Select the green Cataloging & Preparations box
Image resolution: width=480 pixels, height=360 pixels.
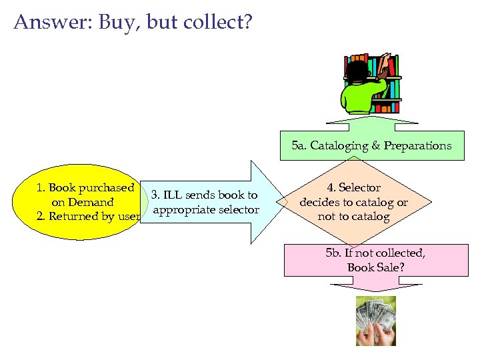coord(371,145)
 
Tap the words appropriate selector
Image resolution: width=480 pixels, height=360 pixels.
coord(205,210)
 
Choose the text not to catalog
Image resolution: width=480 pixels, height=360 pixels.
coord(353,217)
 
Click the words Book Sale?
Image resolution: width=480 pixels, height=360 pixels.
coord(375,267)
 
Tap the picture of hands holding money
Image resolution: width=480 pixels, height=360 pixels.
coord(375,321)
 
